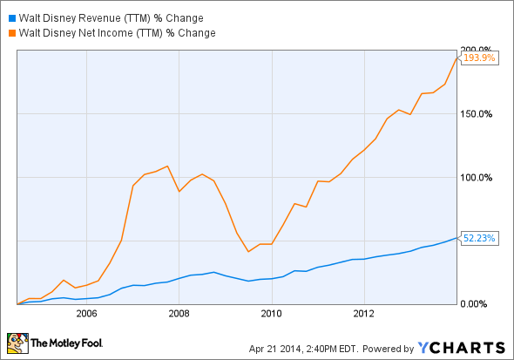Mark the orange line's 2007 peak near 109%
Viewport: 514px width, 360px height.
point(167,166)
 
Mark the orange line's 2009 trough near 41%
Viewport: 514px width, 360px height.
point(249,252)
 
